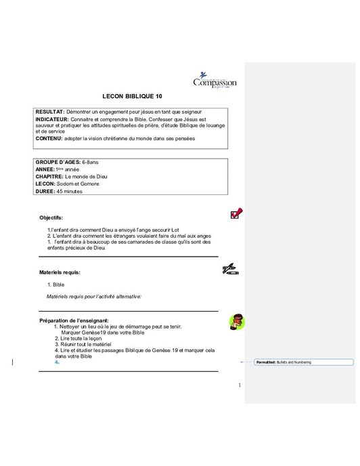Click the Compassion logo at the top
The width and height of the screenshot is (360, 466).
(x=215, y=81)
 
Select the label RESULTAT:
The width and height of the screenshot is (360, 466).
(x=50, y=110)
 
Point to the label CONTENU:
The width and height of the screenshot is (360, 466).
(x=51, y=137)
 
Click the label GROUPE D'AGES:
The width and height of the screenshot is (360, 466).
(x=58, y=163)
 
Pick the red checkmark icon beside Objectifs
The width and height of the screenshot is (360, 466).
(x=237, y=214)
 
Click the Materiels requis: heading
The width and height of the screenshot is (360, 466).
(x=60, y=272)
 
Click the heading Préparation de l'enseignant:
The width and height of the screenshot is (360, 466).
(x=74, y=320)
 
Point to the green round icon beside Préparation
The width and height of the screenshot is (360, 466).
(x=236, y=321)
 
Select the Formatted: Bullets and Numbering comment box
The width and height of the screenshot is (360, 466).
(x=304, y=362)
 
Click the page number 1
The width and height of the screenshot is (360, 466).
(x=240, y=385)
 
